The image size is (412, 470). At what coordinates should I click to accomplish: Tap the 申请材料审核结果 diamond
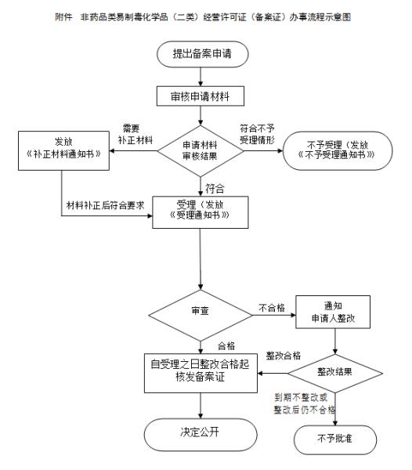pos(201,148)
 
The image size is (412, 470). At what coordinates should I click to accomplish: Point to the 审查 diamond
pos(201,313)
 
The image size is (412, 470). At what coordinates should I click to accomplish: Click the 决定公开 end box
pos(201,432)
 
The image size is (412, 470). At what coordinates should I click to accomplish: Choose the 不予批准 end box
pos(336,437)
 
